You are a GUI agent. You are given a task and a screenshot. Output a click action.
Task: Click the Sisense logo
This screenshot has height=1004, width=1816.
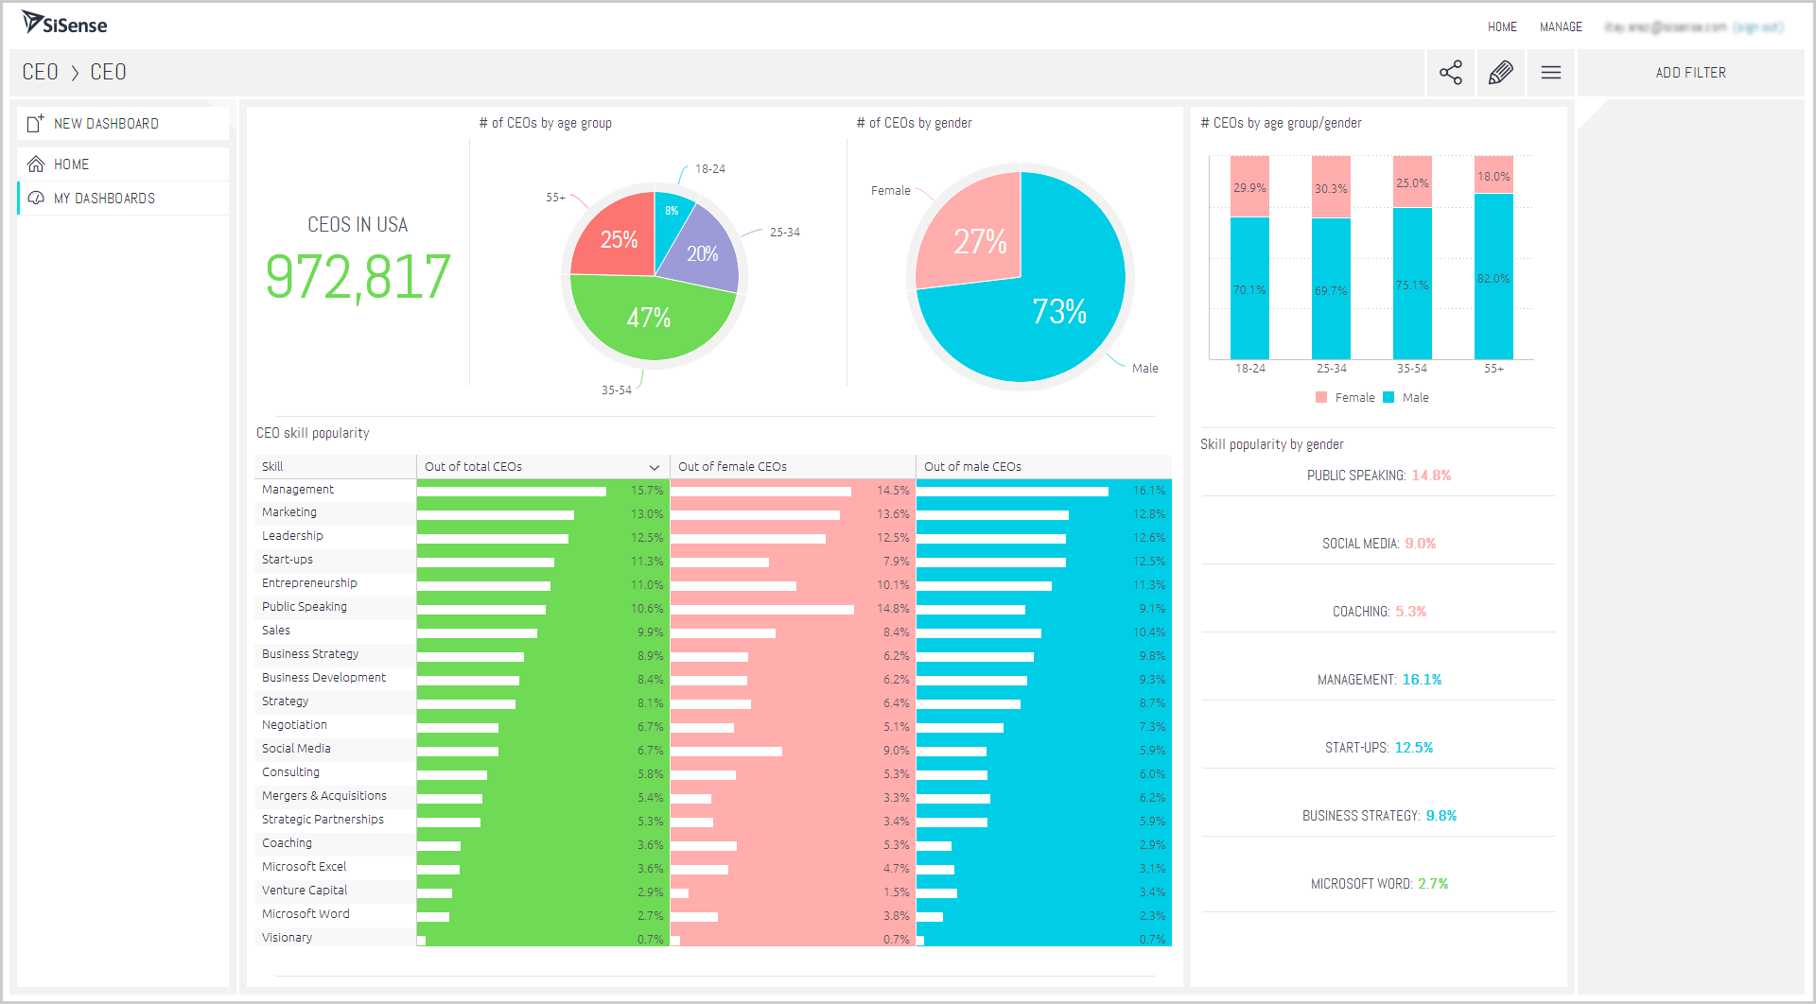tap(64, 24)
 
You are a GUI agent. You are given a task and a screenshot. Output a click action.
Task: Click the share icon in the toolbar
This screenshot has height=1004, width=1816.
tap(1450, 73)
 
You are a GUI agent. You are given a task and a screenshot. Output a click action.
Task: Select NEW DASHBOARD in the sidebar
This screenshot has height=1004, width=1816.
tap(106, 124)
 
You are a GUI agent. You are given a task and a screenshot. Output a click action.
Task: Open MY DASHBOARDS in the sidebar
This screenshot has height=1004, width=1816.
tap(104, 199)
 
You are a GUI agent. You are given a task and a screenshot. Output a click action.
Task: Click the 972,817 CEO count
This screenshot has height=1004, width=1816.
tap(358, 277)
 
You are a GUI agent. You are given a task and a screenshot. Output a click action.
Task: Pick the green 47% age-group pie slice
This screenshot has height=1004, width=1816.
tap(650, 319)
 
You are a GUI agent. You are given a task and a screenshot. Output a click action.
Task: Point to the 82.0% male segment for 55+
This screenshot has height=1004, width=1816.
tap(1493, 278)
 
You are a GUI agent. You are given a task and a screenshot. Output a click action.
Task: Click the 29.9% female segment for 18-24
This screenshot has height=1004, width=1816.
tap(1249, 187)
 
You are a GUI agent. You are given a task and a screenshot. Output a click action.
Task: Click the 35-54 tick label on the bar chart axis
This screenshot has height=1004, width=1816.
tap(1412, 369)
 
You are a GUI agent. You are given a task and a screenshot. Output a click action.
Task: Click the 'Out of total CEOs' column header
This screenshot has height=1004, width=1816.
tap(473, 467)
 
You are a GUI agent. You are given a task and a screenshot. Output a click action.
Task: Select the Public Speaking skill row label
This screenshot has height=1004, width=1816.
tap(305, 607)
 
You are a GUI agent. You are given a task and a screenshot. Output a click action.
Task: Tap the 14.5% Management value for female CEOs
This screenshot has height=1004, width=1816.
tap(893, 491)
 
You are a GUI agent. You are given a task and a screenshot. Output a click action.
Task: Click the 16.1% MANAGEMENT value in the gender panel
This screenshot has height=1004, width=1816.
tap(1422, 680)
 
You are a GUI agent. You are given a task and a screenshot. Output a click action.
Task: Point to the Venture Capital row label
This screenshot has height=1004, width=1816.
tap(305, 891)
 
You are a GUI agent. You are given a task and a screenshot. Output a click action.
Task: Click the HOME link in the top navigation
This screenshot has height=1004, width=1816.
tap(1502, 27)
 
